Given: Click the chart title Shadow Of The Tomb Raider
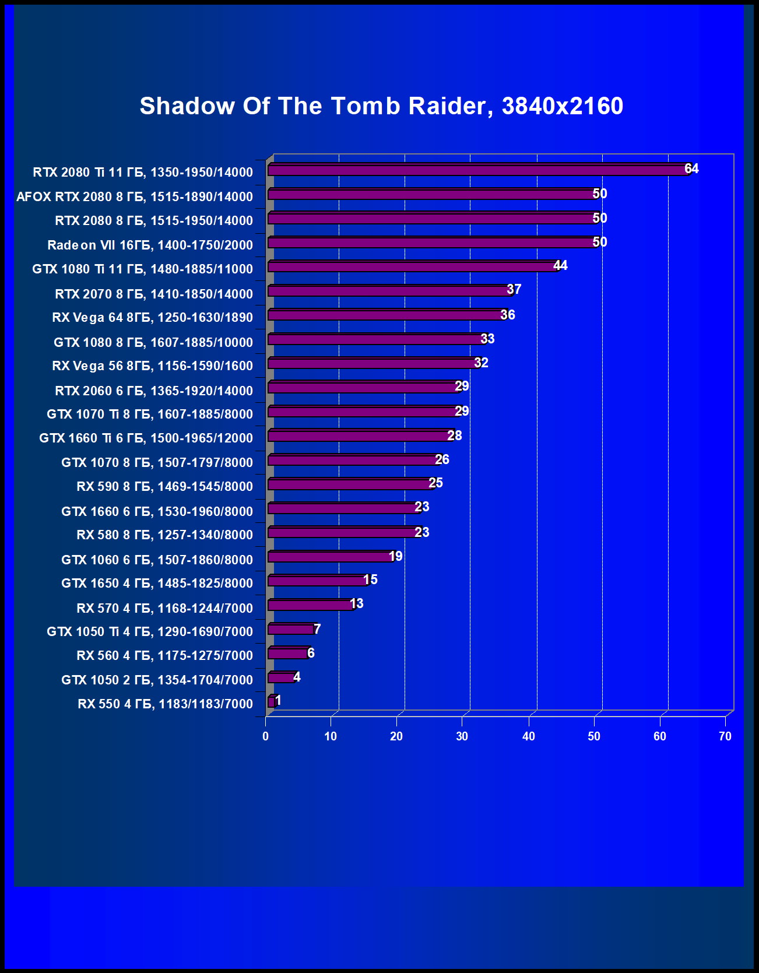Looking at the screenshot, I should pos(381,106).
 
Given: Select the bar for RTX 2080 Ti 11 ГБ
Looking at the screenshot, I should pos(478,170).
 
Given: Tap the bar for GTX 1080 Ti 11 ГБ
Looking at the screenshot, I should pos(413,267).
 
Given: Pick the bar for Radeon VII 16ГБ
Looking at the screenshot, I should pos(433,243).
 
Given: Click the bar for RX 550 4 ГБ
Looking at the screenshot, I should pos(271,702).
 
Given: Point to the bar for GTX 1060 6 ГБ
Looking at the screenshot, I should pos(331,557).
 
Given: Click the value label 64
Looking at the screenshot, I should pos(691,169).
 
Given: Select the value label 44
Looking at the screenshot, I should pos(560,266).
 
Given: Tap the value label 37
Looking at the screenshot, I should pos(514,290).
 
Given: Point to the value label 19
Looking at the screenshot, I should pos(396,556).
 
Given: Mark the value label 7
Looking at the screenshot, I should pos(317,629).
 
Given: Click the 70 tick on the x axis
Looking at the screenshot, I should pos(725,736).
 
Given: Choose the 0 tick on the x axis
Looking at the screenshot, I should pos(266,736).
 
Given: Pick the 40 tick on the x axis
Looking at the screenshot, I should pos(528,736).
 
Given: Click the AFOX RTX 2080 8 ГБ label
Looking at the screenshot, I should pos(135,197).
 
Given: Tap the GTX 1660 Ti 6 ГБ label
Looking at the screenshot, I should pos(146,438).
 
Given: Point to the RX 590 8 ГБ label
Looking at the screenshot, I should pos(165,487).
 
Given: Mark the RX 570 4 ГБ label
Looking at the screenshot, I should pos(165,609).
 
